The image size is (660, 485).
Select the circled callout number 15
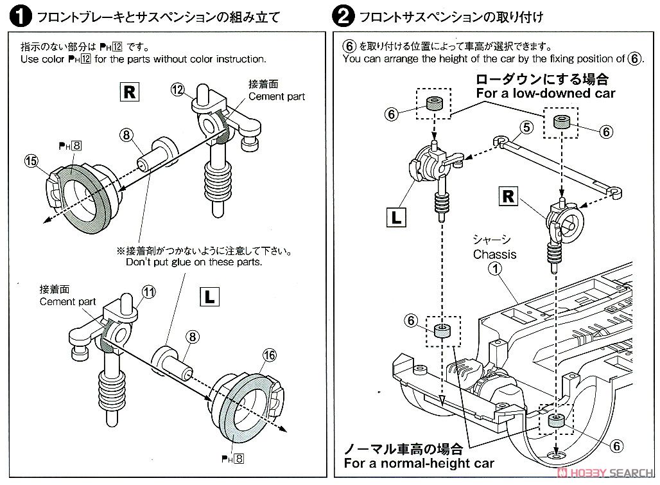[30, 161]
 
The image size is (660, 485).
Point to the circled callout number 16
[269, 354]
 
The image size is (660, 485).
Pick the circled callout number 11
[149, 292]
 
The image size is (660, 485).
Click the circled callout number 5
[526, 127]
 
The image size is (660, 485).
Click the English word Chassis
[494, 254]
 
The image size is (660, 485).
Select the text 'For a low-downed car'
[545, 94]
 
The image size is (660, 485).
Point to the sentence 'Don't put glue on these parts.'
[194, 262]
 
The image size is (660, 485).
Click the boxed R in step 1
[129, 93]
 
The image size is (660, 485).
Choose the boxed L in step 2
[396, 217]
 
